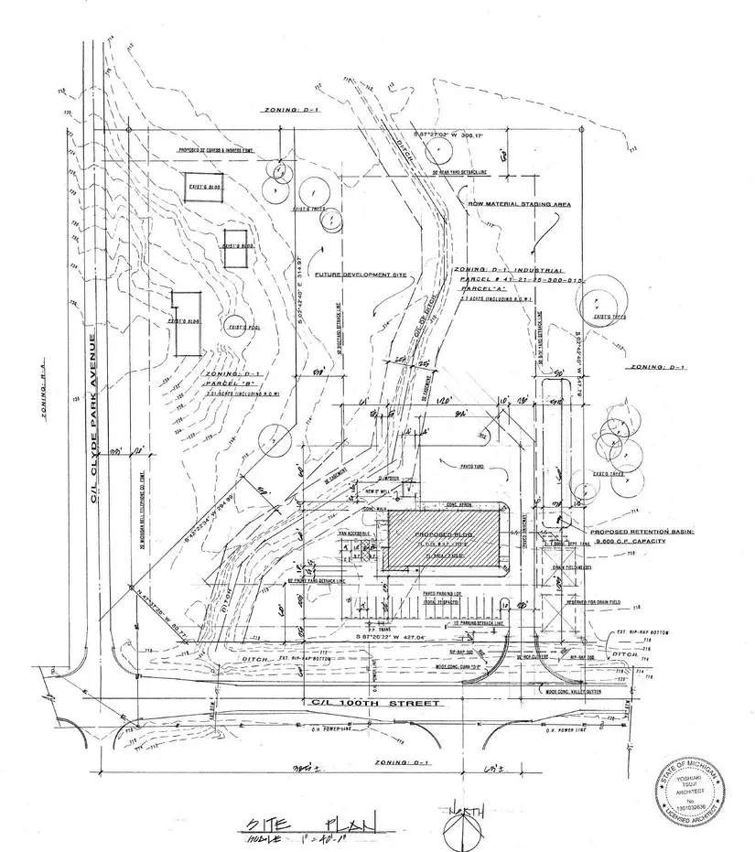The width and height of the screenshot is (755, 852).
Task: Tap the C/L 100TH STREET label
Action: [375, 703]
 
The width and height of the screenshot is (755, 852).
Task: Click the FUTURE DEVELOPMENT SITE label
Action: [360, 275]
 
